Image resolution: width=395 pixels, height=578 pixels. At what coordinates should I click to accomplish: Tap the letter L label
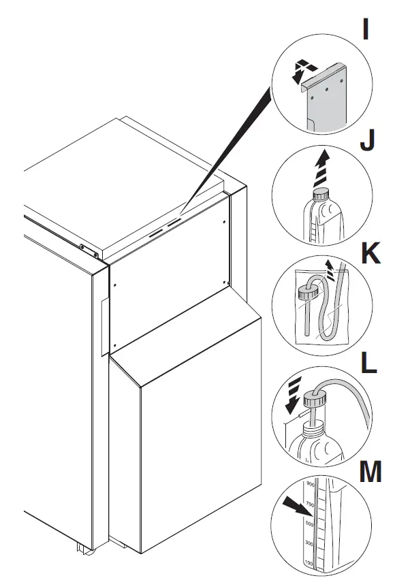tap(367, 364)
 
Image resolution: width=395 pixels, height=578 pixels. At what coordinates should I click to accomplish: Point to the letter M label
tap(370, 473)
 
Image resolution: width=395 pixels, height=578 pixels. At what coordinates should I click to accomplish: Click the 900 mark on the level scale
tap(309, 484)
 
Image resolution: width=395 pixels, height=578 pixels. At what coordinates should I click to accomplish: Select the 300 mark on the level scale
tap(309, 544)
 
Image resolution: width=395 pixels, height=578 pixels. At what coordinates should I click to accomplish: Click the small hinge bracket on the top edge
tap(86, 249)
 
